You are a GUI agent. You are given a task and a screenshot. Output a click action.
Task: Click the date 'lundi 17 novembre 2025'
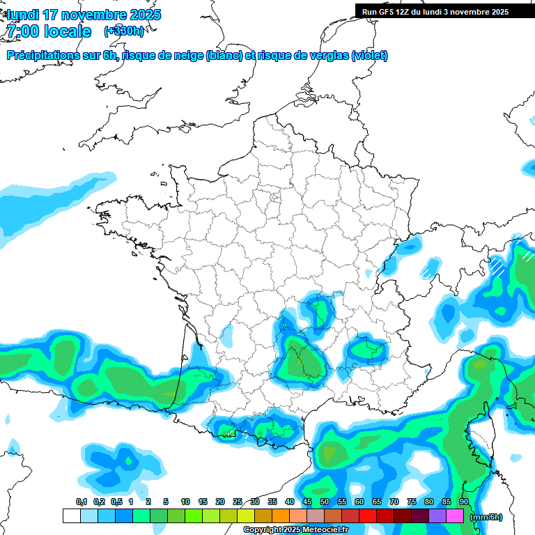pos(84,15)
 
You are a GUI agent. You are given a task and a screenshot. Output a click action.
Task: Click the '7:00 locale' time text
pos(49,31)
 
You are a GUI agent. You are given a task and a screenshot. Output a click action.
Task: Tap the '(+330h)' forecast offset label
pos(124,31)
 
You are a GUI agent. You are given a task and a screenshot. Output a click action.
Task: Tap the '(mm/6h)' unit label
pos(486,516)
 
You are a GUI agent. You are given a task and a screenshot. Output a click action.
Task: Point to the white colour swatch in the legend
pos(71,516)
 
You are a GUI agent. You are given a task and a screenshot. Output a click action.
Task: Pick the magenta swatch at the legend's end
pos(455,516)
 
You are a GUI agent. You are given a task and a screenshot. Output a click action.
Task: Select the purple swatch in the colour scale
pos(437,516)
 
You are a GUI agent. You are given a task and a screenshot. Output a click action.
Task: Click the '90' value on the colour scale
pos(464,502)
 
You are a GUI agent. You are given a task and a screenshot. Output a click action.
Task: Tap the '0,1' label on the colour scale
pos(81,502)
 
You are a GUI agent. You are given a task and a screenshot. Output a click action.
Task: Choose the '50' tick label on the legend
pos(325,502)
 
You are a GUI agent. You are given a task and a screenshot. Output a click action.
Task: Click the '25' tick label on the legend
pos(238,502)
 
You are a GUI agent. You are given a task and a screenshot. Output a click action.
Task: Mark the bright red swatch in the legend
pos(368,516)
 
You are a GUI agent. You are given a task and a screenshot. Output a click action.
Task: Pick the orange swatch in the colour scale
pos(281,516)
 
